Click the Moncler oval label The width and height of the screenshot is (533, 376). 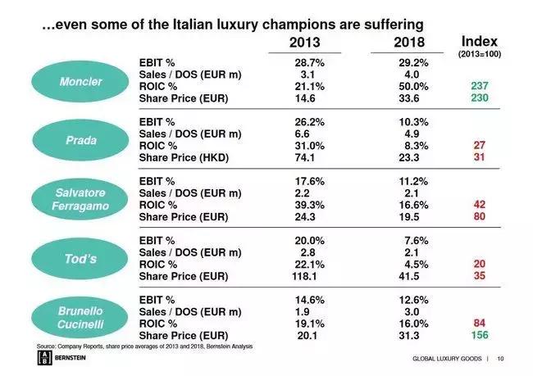click(x=80, y=83)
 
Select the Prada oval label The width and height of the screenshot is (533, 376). click(x=80, y=140)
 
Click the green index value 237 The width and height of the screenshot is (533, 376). click(x=480, y=85)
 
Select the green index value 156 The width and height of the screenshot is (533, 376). click(x=480, y=335)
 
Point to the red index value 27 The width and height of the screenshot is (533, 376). click(x=480, y=144)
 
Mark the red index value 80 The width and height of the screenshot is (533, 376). click(x=480, y=216)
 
